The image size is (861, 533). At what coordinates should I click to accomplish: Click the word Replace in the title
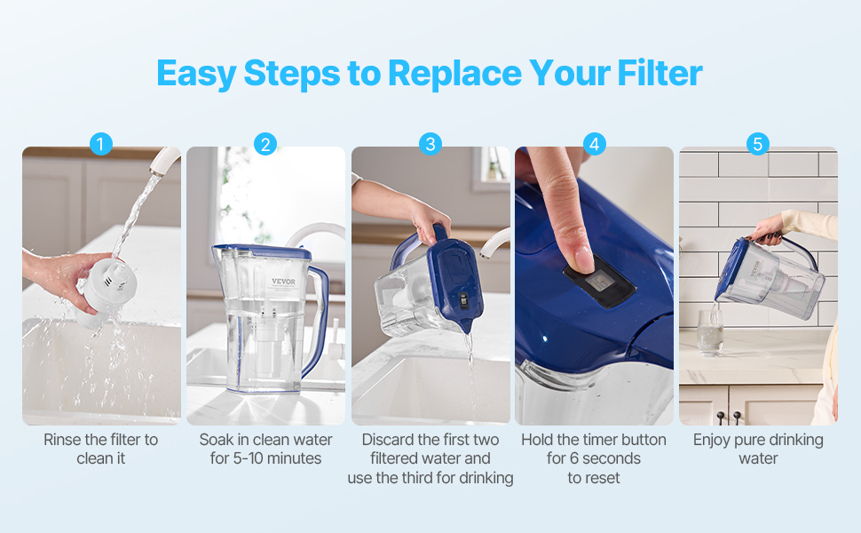pos(455,74)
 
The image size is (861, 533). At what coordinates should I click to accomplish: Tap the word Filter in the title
pos(660,73)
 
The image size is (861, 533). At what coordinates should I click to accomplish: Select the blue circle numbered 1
pos(101,144)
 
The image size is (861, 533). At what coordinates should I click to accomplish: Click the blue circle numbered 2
pos(265,144)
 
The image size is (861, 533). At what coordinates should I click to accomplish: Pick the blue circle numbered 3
pos(430,144)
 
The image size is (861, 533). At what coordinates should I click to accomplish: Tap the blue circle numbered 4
pos(594,144)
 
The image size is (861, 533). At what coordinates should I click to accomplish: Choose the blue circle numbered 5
pos(758,144)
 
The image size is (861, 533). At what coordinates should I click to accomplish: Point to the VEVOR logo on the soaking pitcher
pos(283,282)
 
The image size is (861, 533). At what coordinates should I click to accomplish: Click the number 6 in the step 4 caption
pos(574,458)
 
